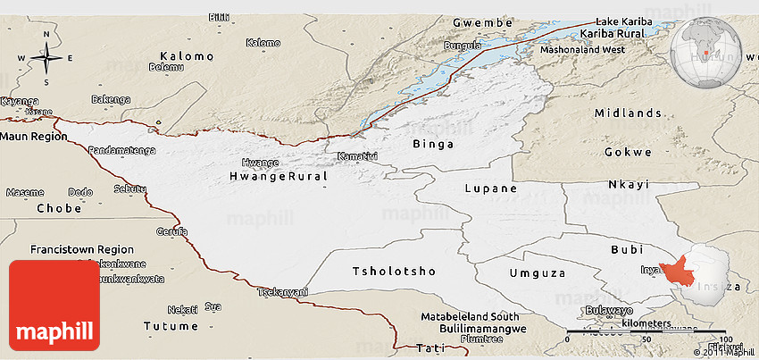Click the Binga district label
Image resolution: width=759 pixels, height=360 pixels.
pos(433,144)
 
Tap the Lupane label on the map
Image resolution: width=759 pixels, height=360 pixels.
pos(490,188)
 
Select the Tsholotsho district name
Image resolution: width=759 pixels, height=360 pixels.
pos(394,271)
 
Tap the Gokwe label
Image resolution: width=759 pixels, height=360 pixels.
pos(628,152)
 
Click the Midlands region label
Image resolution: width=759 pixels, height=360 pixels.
pos(628,113)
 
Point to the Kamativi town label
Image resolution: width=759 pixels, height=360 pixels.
pos(354,156)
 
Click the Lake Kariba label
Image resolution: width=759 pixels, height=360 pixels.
pos(624,21)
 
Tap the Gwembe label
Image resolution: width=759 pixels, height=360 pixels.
pos(482,21)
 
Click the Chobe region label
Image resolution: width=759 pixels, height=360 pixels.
pos(59,208)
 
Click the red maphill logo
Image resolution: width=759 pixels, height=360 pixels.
pos(54,305)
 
